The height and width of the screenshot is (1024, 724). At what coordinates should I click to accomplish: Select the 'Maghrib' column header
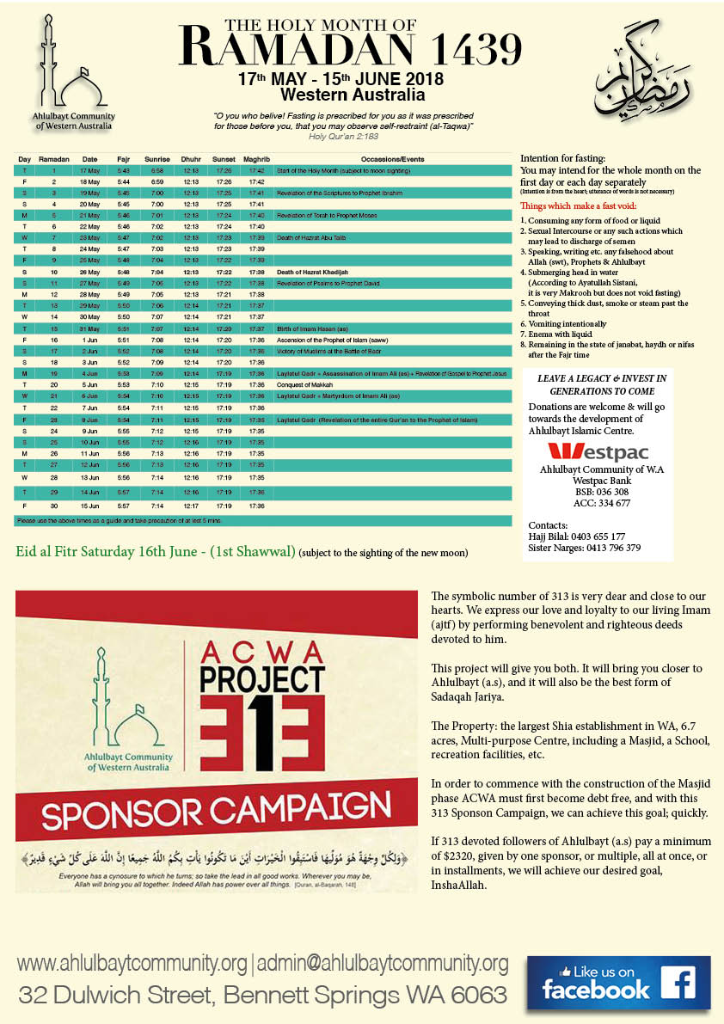(256, 159)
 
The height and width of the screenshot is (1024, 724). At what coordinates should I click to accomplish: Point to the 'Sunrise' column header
(157, 159)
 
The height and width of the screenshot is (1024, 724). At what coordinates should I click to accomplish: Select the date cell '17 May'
(90, 171)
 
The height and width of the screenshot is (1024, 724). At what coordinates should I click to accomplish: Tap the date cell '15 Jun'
(90, 506)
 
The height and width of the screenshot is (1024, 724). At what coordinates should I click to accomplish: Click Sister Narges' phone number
(608, 548)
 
